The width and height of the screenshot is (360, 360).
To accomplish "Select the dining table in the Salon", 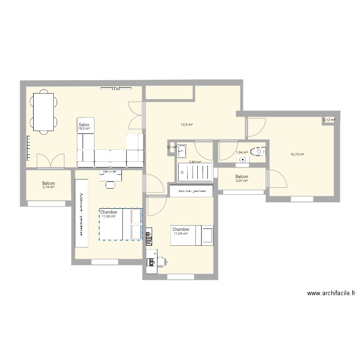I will pyautogui.click(x=44, y=113).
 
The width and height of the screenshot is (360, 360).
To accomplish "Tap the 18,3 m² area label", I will pyautogui.click(x=84, y=129).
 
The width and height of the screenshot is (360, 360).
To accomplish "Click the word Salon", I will pyautogui.click(x=84, y=125).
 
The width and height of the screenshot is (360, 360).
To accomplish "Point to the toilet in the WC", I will pyautogui.click(x=257, y=153).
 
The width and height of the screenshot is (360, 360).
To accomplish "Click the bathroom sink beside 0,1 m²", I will pyautogui.click(x=181, y=151).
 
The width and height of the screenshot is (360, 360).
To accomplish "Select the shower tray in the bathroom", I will pyautogui.click(x=194, y=171).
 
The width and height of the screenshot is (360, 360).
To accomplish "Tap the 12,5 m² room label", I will pyautogui.click(x=187, y=125).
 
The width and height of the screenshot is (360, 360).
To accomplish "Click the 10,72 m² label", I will pyautogui.click(x=297, y=154).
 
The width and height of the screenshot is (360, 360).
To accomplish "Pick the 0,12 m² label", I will pyautogui.click(x=329, y=120).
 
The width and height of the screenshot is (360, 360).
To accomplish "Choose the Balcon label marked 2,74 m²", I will pyautogui.click(x=48, y=183).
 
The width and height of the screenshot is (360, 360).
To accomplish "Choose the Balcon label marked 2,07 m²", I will pyautogui.click(x=241, y=177).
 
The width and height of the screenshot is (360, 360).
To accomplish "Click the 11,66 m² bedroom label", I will pyautogui.click(x=108, y=216).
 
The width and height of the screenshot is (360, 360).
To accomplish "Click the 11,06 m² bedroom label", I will pyautogui.click(x=180, y=234).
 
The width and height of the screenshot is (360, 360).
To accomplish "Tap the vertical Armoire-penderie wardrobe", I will pyautogui.click(x=81, y=213).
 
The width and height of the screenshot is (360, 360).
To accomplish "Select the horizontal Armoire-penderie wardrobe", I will pyautogui.click(x=192, y=191).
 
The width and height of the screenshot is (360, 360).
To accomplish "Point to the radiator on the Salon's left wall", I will pyautogui.click(x=28, y=148).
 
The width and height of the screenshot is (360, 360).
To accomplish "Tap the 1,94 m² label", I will pyautogui.click(x=241, y=153).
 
